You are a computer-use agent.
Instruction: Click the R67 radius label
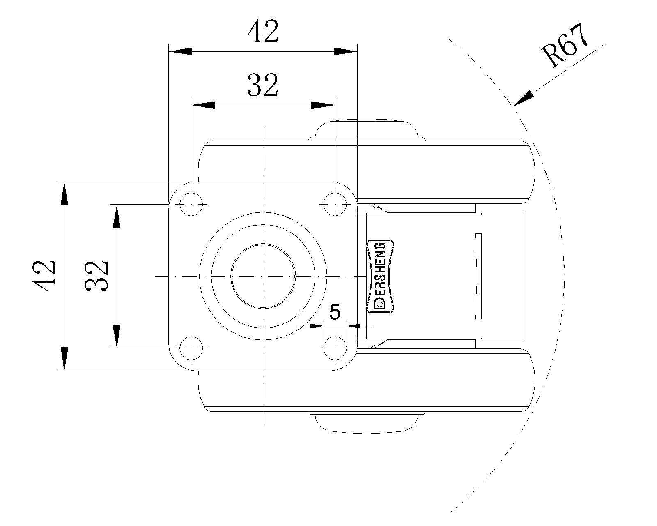pos(565,46)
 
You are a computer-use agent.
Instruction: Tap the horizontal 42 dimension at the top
pos(263,32)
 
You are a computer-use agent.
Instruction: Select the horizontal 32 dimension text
pos(263,85)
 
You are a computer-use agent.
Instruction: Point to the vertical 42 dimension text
pos(44,276)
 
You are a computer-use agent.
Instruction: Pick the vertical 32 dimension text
pos(96,276)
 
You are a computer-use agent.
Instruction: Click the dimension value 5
pos(335,312)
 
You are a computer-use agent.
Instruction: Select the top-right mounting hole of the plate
pos(335,204)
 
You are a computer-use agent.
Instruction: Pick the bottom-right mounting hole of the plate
pos(335,348)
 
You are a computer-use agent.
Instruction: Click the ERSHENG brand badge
pos(380,276)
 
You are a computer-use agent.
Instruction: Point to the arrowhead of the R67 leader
pos(522,99)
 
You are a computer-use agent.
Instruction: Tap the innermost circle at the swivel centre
pos(263,276)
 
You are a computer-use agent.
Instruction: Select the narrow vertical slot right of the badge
pos(478,276)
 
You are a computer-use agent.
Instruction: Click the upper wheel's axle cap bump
pos(365,130)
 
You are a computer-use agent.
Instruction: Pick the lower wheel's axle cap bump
pos(365,422)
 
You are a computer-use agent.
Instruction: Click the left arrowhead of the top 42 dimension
pos(181,51)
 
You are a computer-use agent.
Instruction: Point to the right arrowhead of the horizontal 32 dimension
pos(323,105)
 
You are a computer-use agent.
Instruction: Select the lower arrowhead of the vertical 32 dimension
pos(117,336)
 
